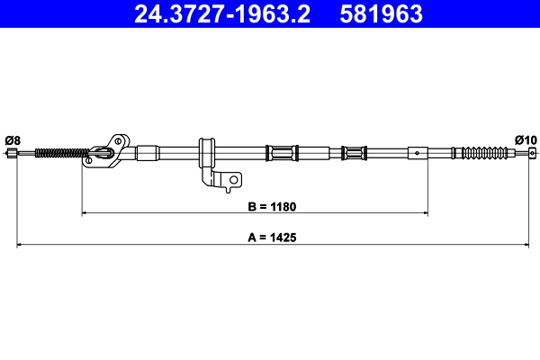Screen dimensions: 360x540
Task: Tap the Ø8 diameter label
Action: click(x=13, y=139)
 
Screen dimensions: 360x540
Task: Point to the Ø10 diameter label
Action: click(x=526, y=139)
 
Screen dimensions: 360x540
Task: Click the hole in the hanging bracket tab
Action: click(x=233, y=180)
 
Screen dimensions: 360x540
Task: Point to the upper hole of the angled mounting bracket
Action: click(x=116, y=139)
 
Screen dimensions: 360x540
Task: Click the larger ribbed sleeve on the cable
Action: click(x=282, y=152)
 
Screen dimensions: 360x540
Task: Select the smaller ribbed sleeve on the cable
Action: click(x=355, y=152)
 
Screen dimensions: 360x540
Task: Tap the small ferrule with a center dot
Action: click(x=418, y=152)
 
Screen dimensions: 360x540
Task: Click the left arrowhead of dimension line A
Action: click(x=20, y=245)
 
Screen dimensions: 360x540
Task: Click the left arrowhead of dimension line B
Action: click(x=85, y=213)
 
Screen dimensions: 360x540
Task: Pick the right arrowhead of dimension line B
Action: click(x=424, y=213)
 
